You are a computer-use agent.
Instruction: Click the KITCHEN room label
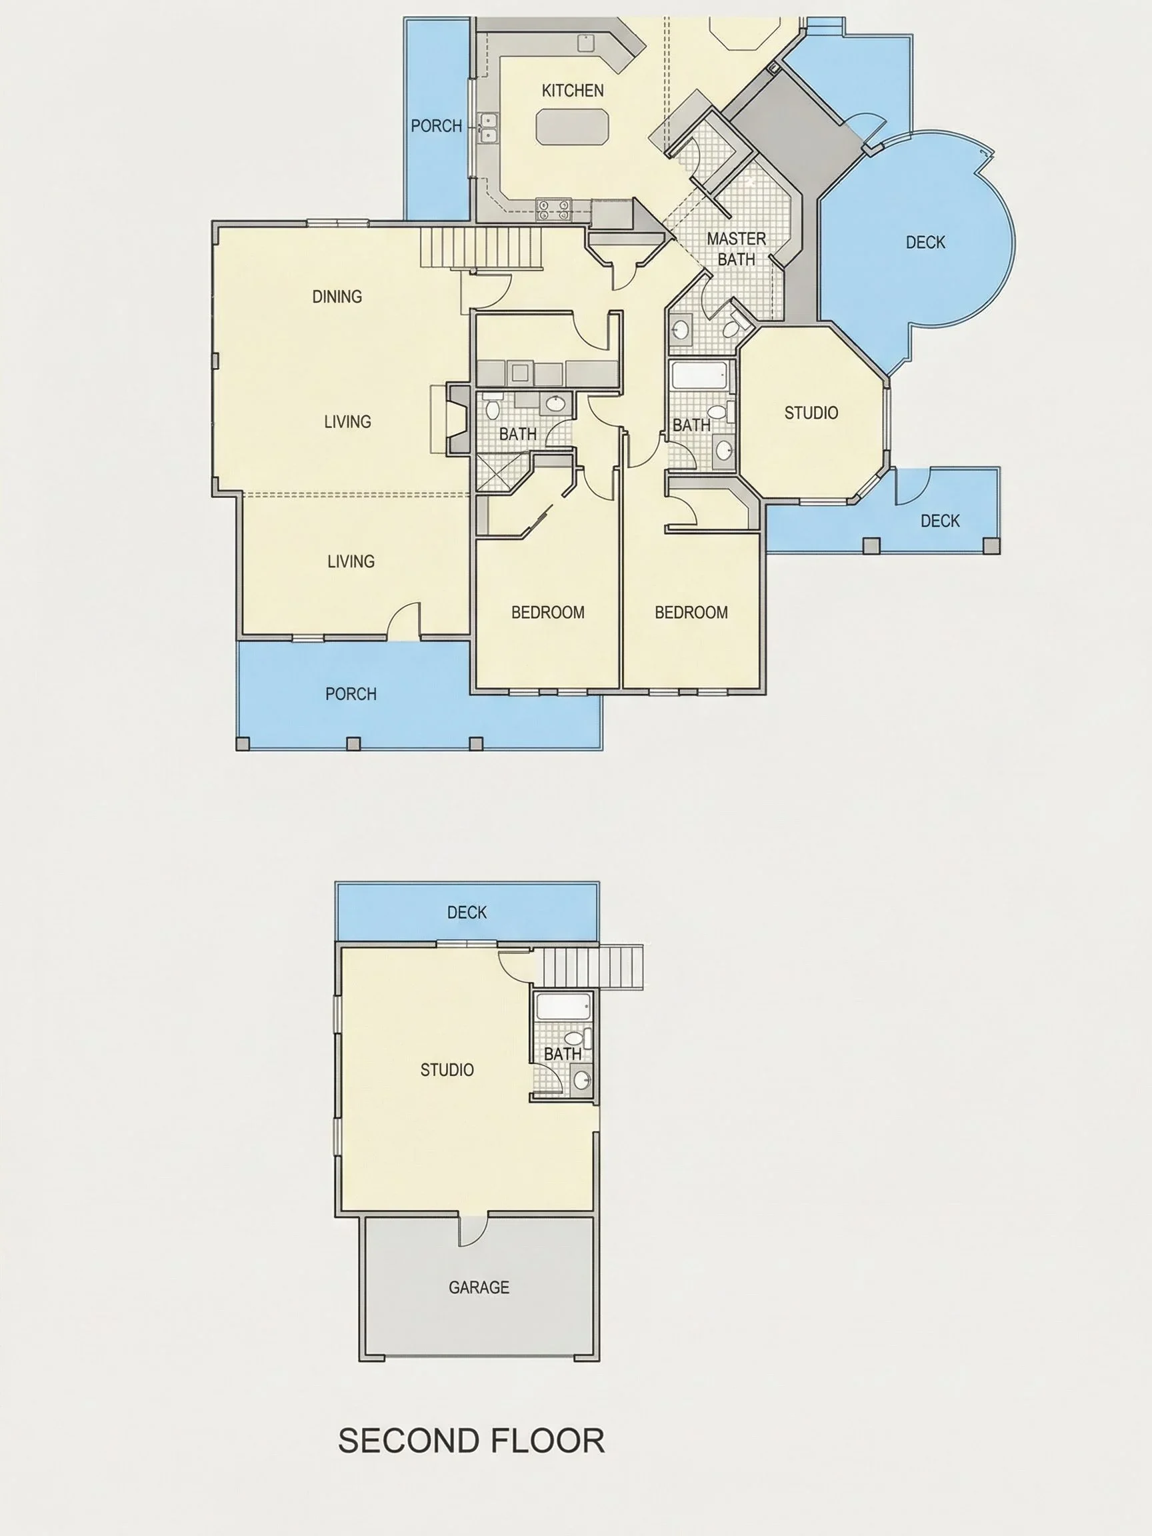point(572,90)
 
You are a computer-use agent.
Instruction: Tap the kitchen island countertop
point(573,127)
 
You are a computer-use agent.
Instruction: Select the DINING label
point(337,297)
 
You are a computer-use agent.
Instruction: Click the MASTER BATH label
point(736,249)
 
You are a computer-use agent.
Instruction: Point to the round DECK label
point(925,243)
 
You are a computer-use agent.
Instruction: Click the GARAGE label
point(479,1287)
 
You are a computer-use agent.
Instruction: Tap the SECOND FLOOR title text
point(471,1441)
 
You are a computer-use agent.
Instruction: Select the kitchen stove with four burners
point(553,209)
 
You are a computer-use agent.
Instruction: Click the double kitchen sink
point(489,127)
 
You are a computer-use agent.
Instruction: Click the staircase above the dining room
point(481,249)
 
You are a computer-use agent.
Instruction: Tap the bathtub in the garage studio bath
point(563,1006)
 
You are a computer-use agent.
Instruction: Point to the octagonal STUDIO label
point(811,413)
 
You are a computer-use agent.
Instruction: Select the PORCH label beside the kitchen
point(436,126)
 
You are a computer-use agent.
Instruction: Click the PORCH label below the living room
point(351,694)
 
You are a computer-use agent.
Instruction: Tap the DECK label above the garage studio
point(467,912)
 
